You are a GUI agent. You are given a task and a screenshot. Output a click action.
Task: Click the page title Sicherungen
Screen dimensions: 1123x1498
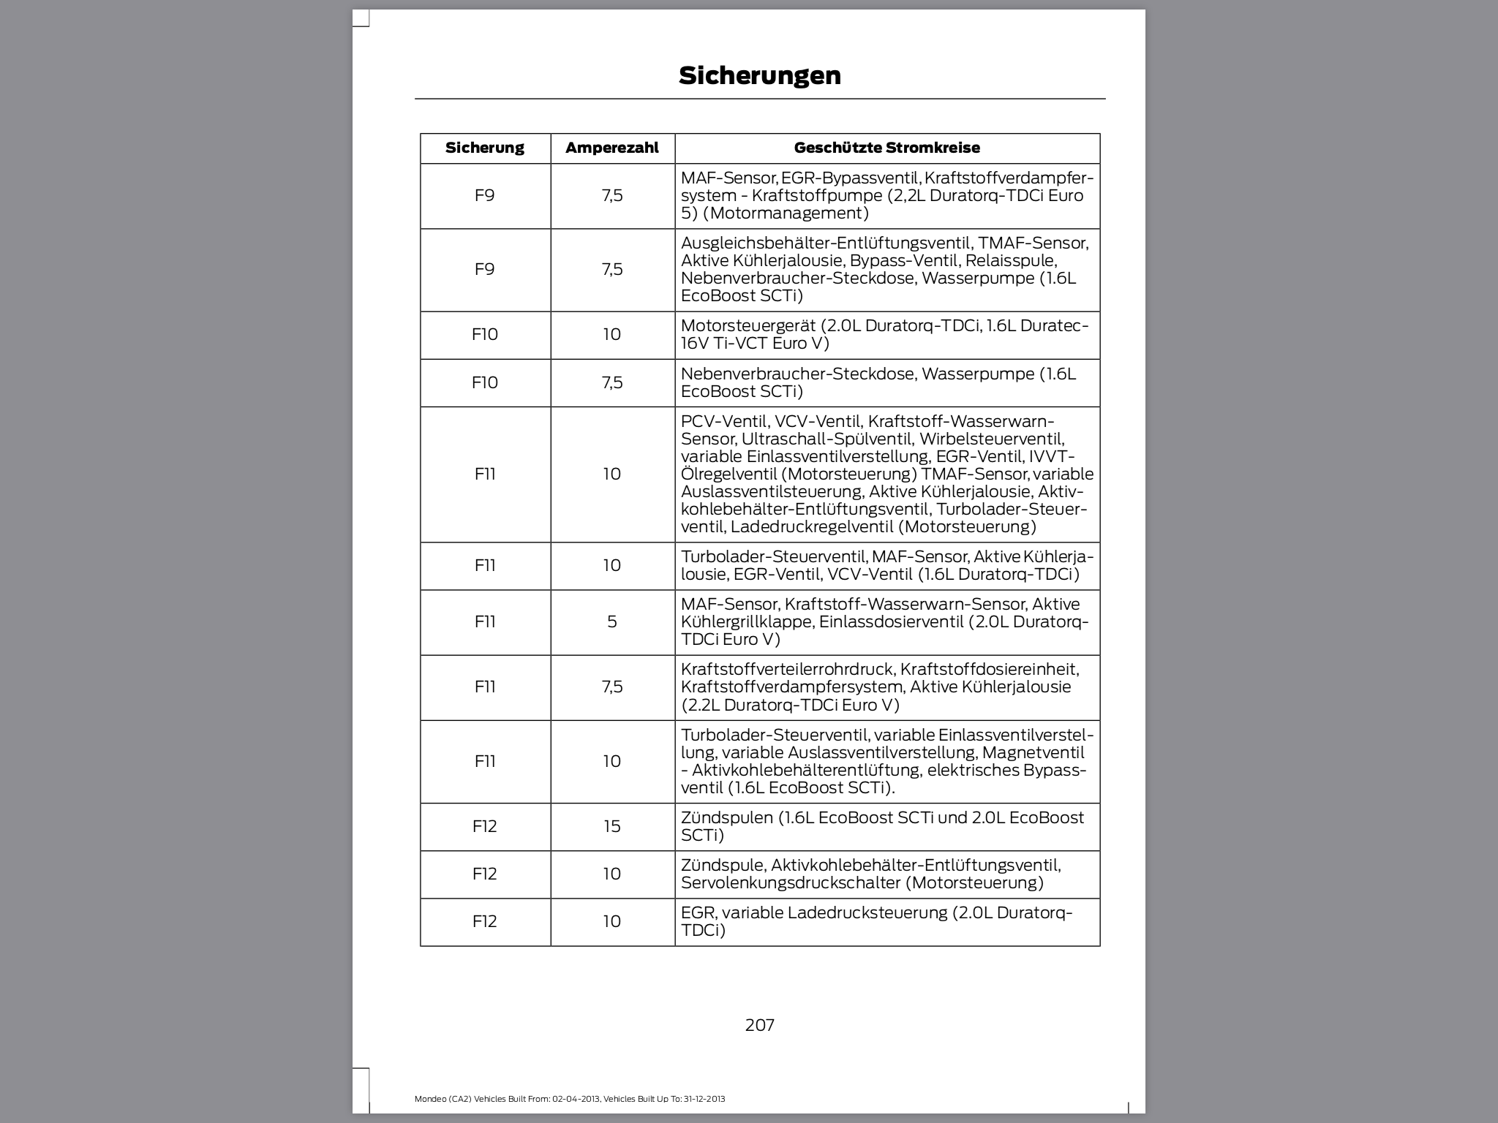click(759, 75)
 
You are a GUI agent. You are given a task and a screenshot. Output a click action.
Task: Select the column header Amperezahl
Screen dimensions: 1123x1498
click(611, 148)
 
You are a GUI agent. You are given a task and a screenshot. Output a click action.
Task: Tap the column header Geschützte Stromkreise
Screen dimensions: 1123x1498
click(887, 148)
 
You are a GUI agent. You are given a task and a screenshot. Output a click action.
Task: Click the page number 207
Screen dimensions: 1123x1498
click(759, 1025)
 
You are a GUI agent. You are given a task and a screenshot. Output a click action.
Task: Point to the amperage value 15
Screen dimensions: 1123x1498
click(611, 826)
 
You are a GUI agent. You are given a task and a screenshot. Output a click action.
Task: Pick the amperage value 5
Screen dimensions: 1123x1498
click(611, 621)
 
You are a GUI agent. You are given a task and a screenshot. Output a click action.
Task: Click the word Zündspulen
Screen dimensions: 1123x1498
click(726, 817)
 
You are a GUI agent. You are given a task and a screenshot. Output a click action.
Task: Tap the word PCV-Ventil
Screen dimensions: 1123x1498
click(724, 421)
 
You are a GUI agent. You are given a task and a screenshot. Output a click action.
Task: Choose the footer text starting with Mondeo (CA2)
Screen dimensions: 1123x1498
click(570, 1099)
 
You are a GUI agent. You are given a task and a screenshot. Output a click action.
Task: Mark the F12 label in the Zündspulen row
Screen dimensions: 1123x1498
click(484, 826)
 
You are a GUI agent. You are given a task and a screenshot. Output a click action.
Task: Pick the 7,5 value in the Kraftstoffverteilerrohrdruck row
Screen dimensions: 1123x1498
click(611, 687)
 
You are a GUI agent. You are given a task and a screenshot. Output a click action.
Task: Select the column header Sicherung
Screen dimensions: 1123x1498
click(484, 148)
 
